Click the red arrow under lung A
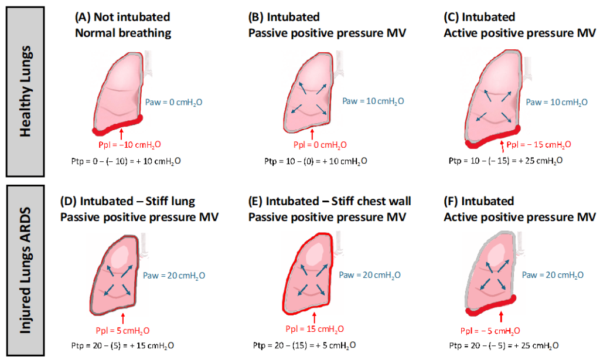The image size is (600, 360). tap(121, 132)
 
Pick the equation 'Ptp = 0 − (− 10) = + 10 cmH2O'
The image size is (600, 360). tap(122, 161)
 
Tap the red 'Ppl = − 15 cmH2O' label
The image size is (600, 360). tap(538, 145)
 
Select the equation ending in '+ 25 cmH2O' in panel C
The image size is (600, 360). tap(504, 160)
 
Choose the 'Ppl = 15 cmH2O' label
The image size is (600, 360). tap(315, 329)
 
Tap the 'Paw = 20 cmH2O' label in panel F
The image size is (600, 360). tap(553, 275)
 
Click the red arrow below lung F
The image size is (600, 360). tap(501, 317)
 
